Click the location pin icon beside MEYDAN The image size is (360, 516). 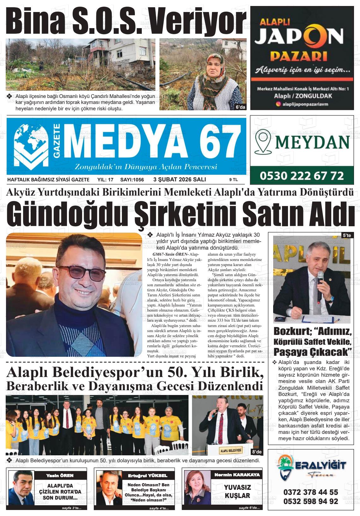[264, 142]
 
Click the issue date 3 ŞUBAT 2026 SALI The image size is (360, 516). [179, 179]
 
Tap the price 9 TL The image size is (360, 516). [233, 180]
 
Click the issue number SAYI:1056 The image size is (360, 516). [132, 180]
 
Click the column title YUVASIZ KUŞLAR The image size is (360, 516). [237, 492]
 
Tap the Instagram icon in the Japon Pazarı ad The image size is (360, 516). [278, 103]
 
